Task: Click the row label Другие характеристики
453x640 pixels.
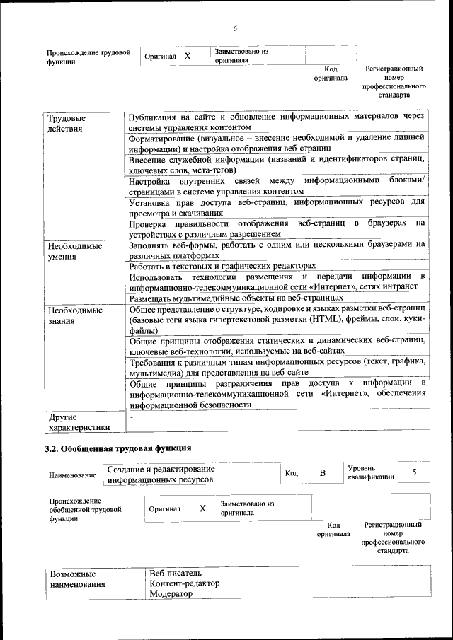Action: click(79, 421)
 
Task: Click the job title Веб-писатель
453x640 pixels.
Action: click(176, 572)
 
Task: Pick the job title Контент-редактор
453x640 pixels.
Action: click(184, 583)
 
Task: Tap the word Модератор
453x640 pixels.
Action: click(171, 595)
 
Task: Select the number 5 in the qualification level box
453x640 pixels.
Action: click(414, 472)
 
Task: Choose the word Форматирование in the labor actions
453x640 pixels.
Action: click(162, 138)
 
